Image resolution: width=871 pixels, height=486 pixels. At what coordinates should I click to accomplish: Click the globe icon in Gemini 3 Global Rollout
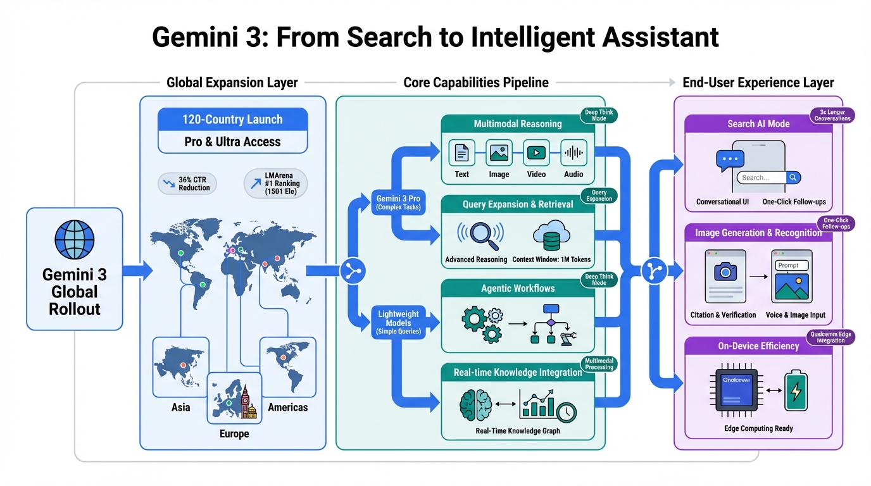click(75, 241)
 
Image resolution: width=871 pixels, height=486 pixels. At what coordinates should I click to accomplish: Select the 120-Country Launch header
click(232, 120)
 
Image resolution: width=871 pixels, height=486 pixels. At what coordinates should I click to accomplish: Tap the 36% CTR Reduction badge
click(187, 184)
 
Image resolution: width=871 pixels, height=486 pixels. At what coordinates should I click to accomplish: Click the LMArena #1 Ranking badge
click(276, 184)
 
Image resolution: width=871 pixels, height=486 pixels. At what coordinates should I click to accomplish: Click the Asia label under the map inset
click(180, 407)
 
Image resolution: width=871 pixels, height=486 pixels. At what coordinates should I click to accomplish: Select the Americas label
click(287, 407)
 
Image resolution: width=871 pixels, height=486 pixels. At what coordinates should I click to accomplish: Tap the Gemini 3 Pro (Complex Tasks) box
click(398, 202)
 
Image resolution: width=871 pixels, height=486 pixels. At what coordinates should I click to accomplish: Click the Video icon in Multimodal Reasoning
click(536, 153)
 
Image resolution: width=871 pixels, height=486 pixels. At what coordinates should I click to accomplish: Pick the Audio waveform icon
click(573, 153)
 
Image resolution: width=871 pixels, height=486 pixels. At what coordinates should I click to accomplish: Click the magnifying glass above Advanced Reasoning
click(480, 235)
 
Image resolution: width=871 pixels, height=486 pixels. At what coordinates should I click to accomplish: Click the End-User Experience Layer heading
click(758, 83)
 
